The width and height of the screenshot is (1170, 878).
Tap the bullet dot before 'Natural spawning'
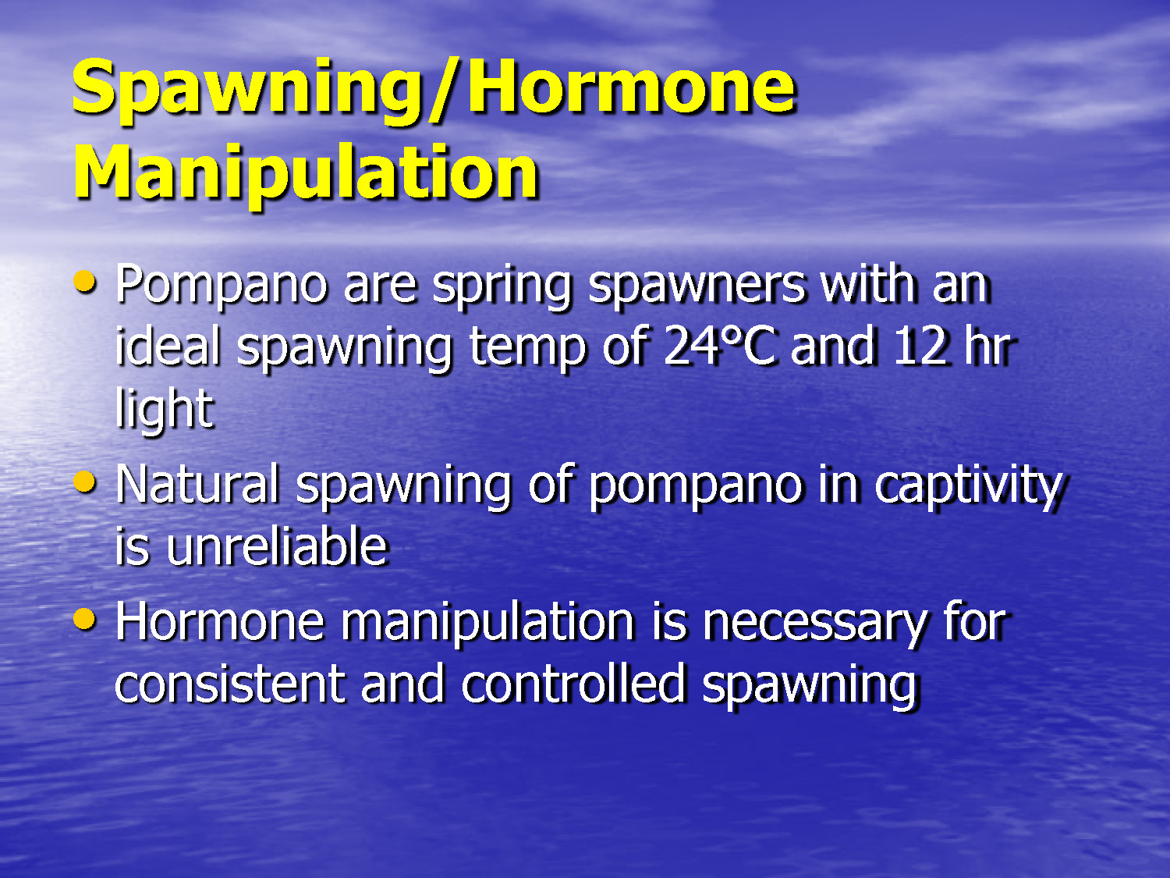point(84,482)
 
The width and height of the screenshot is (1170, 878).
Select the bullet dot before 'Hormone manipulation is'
point(84,620)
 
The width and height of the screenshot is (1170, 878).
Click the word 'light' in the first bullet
point(164,409)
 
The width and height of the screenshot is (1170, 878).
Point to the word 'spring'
point(502,286)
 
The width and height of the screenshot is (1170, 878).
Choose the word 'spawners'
point(696,286)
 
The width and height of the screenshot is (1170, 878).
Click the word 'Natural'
point(197,484)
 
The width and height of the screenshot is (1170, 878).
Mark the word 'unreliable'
point(276,546)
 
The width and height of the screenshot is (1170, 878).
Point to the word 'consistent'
point(229,684)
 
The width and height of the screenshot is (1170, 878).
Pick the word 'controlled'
point(573,684)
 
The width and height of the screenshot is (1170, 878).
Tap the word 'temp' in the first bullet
point(526,348)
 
